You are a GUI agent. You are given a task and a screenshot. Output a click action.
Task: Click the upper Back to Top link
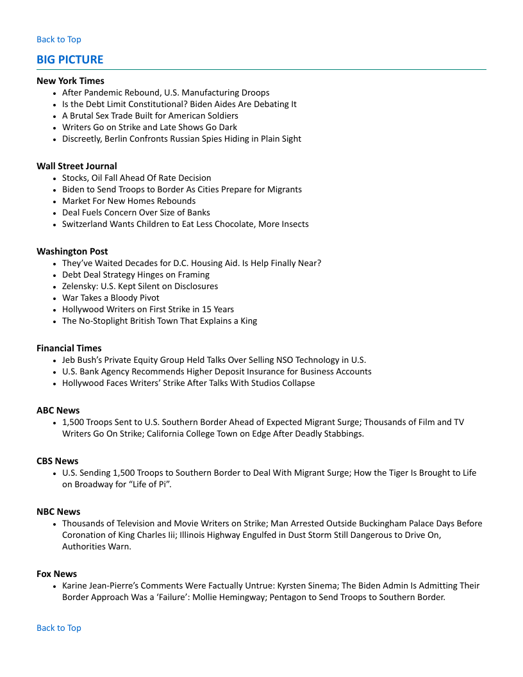[59, 40]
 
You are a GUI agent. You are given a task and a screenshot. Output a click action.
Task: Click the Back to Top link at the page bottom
[59, 628]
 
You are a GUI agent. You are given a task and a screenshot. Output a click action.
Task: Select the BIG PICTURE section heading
[70, 60]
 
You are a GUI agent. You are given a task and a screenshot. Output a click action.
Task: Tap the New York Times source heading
[71, 81]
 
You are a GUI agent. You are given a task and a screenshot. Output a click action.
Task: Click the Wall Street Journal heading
[77, 166]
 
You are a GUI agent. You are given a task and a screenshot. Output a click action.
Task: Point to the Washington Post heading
[72, 251]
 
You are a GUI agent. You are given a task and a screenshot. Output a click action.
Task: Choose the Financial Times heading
[69, 348]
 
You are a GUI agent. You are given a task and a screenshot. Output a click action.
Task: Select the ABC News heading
[58, 410]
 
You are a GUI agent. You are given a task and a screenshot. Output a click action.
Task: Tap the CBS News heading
[58, 461]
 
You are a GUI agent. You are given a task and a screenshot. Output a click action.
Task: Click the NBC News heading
[58, 512]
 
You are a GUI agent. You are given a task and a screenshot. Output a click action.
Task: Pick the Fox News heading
[56, 574]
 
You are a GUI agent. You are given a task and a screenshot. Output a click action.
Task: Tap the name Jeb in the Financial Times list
[69, 360]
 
